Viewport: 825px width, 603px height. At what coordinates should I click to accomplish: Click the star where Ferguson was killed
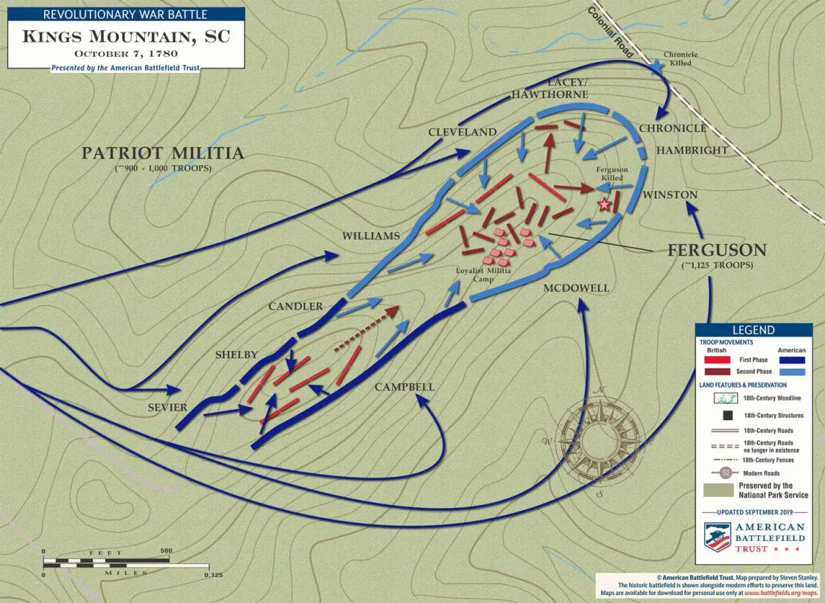(605, 204)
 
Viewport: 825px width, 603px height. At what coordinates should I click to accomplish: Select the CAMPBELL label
(404, 387)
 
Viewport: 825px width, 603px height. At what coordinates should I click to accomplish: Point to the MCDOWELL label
(576, 288)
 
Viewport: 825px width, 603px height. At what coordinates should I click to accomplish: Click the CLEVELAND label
(463, 133)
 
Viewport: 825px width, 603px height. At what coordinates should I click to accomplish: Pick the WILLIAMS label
(371, 237)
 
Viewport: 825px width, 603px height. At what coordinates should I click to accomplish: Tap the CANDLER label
(295, 307)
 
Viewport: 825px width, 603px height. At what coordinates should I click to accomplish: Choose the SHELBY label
(236, 355)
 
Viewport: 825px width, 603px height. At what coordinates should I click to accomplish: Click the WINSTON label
(670, 195)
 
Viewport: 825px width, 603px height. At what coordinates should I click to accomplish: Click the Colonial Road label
(610, 32)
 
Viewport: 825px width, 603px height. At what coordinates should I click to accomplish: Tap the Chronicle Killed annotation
(681, 59)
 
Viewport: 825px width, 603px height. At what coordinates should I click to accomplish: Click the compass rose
(598, 440)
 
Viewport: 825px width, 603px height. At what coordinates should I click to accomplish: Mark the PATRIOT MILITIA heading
(162, 153)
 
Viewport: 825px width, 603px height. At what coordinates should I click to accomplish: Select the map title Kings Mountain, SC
(126, 37)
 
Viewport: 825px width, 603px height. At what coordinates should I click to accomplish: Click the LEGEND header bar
(753, 330)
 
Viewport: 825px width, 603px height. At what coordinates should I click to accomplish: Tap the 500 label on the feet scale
(166, 551)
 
